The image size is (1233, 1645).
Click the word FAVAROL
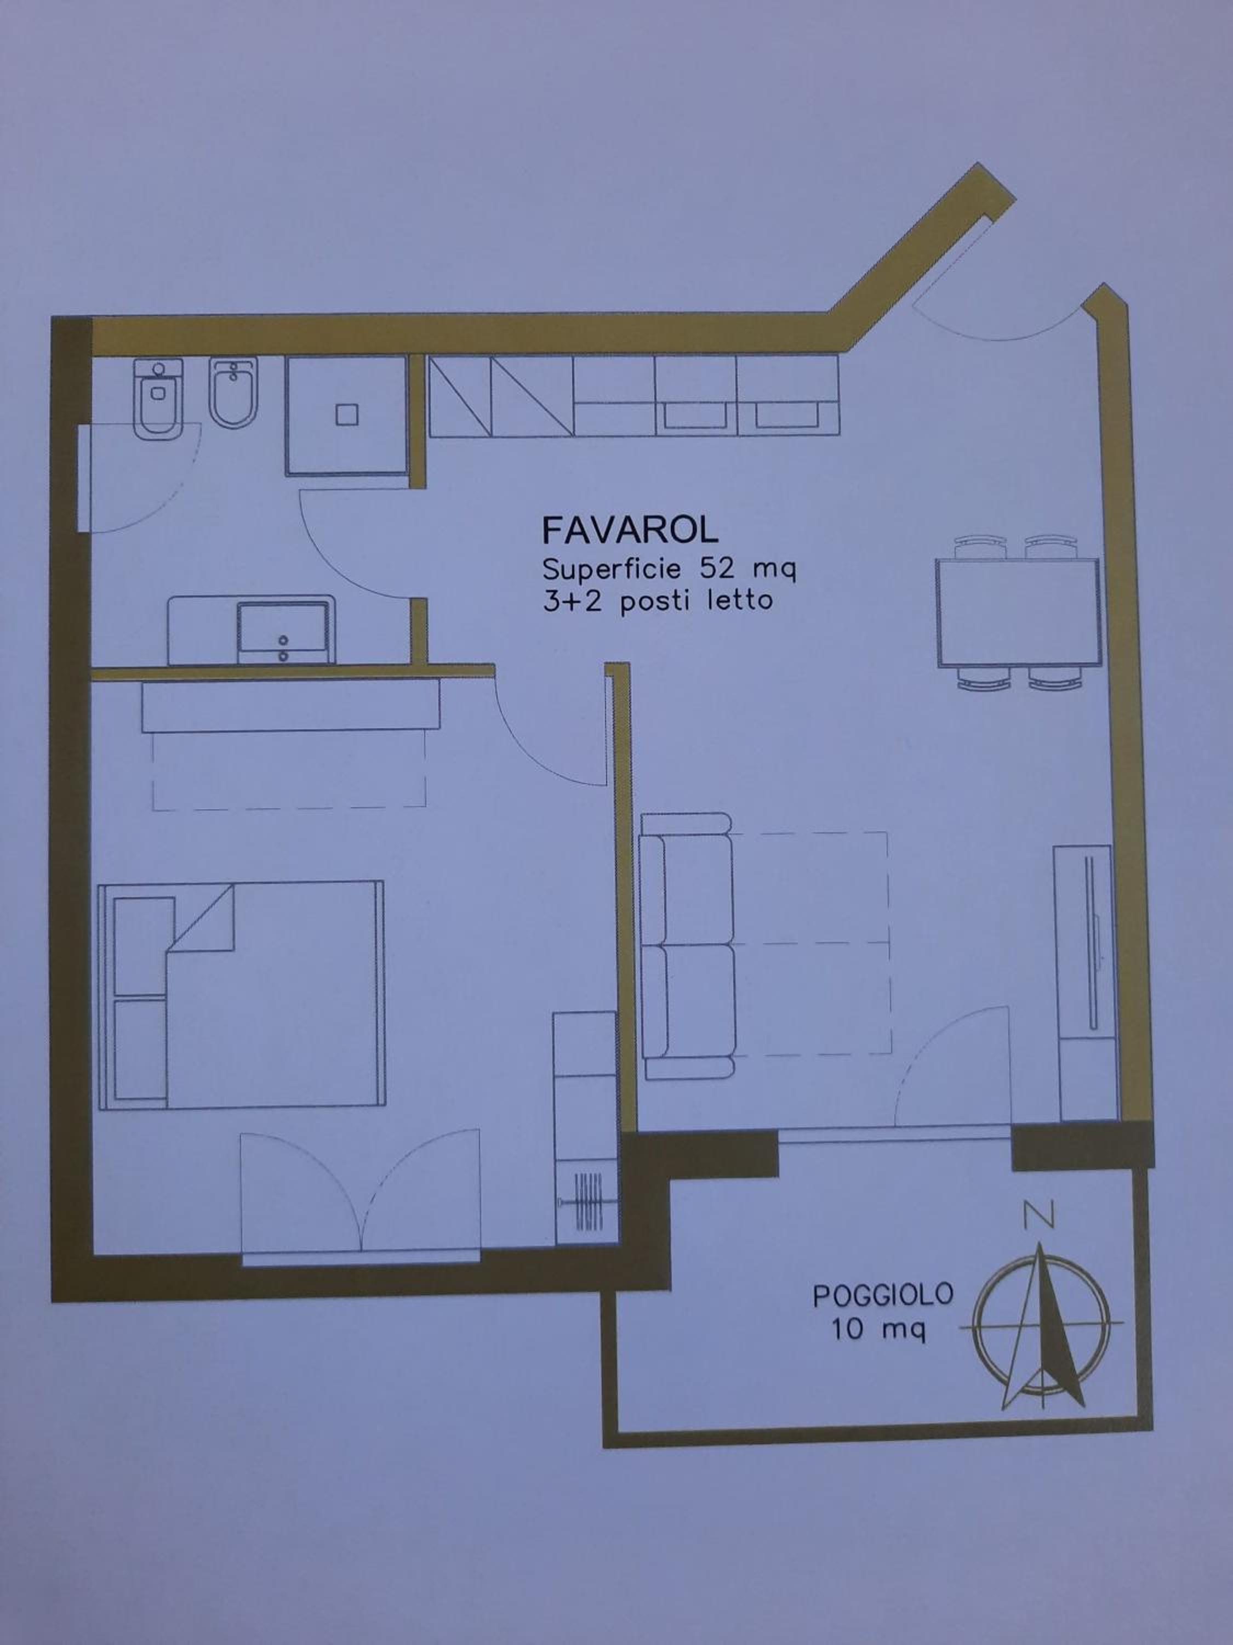click(630, 530)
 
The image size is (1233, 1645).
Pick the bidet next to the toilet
click(233, 393)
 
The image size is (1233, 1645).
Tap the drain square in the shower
click(347, 414)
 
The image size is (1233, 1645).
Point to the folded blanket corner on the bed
click(202, 917)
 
